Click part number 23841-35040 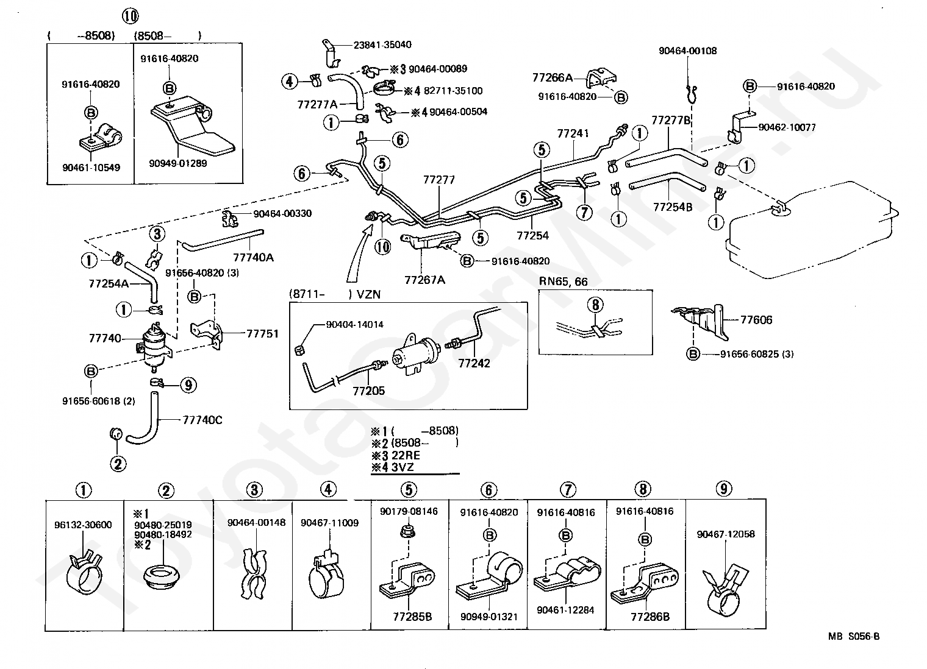pyautogui.click(x=382, y=44)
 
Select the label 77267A pyautogui.click(x=424, y=280)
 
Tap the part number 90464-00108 pyautogui.click(x=687, y=51)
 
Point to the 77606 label pyautogui.click(x=756, y=320)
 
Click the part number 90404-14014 pyautogui.click(x=355, y=325)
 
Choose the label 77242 pyautogui.click(x=474, y=363)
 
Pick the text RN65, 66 pyautogui.click(x=563, y=281)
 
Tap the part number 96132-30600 pyautogui.click(x=83, y=525)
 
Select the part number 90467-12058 pyautogui.click(x=726, y=534)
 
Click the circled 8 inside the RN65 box pyautogui.click(x=595, y=305)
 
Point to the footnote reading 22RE pyautogui.click(x=406, y=455)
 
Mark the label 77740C pyautogui.click(x=202, y=420)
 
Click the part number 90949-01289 pyautogui.click(x=178, y=163)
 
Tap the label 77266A pyautogui.click(x=552, y=77)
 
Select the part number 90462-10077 pyautogui.click(x=787, y=127)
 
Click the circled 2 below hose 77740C pyautogui.click(x=118, y=464)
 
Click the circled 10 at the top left pyautogui.click(x=130, y=16)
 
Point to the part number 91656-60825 pyautogui.click(x=749, y=354)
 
